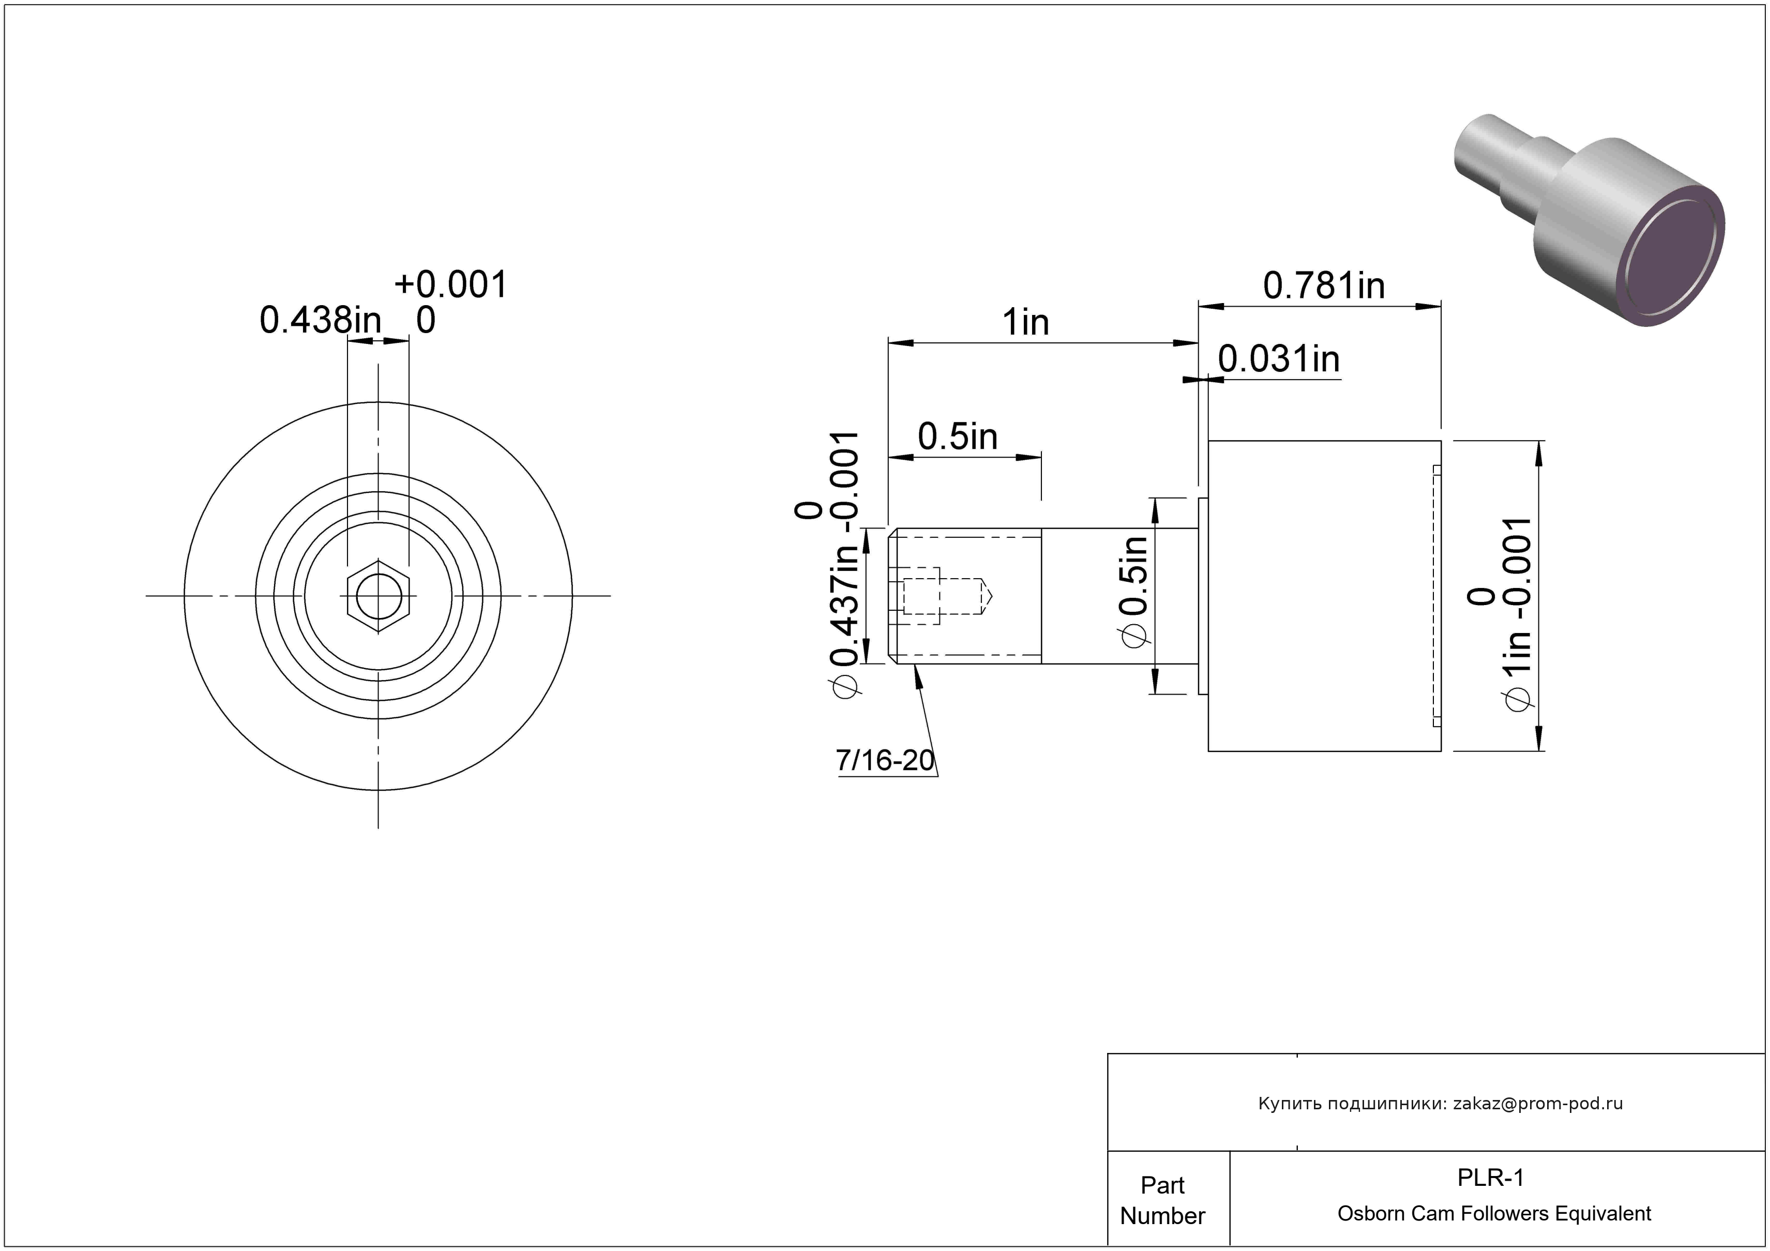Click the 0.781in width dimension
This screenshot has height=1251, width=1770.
click(1324, 286)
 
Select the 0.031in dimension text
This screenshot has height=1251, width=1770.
click(1279, 359)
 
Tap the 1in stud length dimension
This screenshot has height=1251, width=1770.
click(1025, 322)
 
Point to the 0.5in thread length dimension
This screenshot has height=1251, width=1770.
click(958, 437)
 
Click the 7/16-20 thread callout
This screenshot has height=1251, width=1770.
click(885, 760)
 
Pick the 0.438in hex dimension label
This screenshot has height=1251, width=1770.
click(320, 320)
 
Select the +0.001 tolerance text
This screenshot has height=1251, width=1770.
click(451, 284)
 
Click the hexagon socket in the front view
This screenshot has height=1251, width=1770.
click(379, 596)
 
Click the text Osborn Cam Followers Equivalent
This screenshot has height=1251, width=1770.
click(1494, 1213)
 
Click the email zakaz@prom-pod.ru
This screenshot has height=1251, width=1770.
click(1538, 1103)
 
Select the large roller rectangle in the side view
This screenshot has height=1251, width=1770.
click(1324, 596)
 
